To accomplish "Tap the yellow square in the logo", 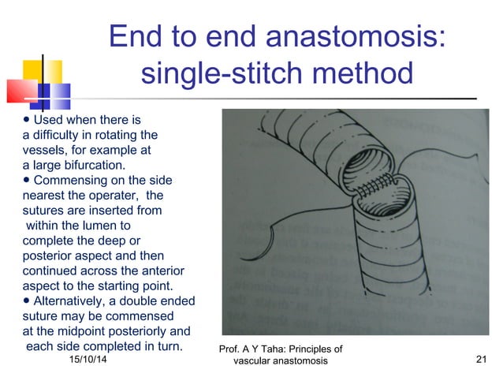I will coord(43,73).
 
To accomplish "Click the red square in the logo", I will coord(21,91).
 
